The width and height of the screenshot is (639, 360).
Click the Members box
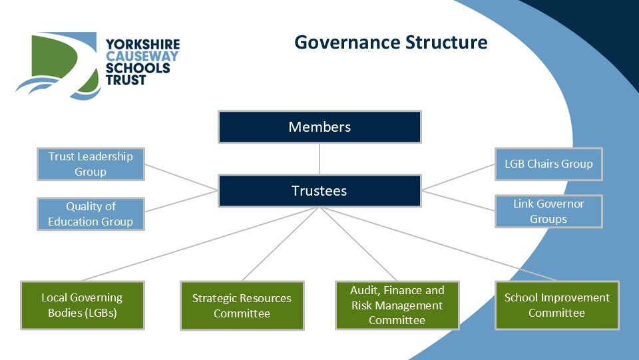[319, 126]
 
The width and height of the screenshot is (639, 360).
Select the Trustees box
[319, 191]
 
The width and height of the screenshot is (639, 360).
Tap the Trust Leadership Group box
[91, 164]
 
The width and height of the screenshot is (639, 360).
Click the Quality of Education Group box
[91, 214]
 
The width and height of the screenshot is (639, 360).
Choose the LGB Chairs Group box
[548, 164]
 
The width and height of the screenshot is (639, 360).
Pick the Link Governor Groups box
[548, 211]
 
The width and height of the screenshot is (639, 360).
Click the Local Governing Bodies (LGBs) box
[83, 305]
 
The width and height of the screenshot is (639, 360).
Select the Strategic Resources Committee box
[242, 305]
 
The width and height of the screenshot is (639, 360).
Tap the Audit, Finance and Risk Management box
[397, 305]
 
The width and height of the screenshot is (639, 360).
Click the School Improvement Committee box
[556, 305]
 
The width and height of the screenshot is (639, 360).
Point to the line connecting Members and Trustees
[319, 159]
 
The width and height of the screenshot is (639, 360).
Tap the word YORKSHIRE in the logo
[142, 45]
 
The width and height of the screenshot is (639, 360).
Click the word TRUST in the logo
[126, 80]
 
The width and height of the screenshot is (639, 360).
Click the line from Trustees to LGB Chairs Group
[459, 176]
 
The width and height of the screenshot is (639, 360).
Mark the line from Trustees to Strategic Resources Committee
[280, 244]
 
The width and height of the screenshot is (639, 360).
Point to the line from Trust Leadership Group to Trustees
[181, 177]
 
